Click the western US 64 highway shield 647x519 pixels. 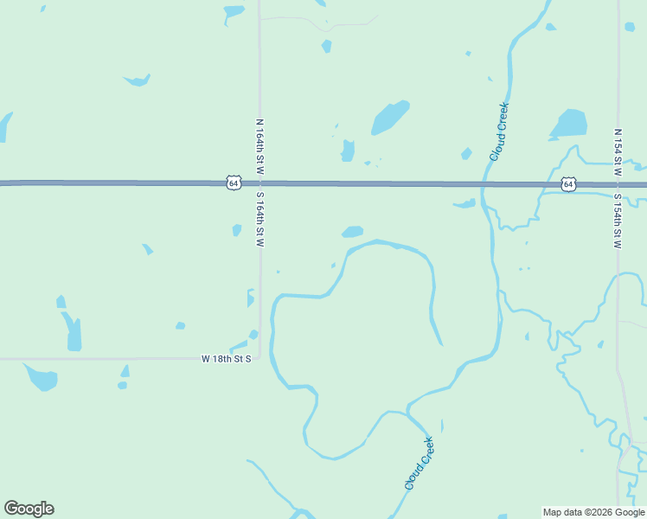pyautogui.click(x=233, y=183)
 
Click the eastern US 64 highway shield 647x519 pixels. pyautogui.click(x=567, y=184)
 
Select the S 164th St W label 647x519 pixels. pyautogui.click(x=259, y=220)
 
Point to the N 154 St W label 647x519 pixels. pyautogui.click(x=617, y=154)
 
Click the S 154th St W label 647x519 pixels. pyautogui.click(x=617, y=220)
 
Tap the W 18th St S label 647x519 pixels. pyautogui.click(x=227, y=358)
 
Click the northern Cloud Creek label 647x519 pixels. pyautogui.click(x=499, y=131)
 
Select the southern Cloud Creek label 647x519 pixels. pyautogui.click(x=419, y=464)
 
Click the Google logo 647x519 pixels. pyautogui.click(x=29, y=509)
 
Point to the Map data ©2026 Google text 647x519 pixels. pyautogui.click(x=593, y=512)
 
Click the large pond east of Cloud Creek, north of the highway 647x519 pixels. pyautogui.click(x=569, y=125)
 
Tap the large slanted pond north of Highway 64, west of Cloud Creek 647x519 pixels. pyautogui.click(x=390, y=117)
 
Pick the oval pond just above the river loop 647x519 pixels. pyautogui.click(x=352, y=232)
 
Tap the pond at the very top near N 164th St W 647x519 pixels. pyautogui.click(x=234, y=12)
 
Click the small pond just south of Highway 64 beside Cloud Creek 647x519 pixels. pyautogui.click(x=464, y=204)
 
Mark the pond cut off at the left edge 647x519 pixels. pyautogui.click(x=4, y=125)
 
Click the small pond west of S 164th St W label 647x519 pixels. pyautogui.click(x=236, y=230)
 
